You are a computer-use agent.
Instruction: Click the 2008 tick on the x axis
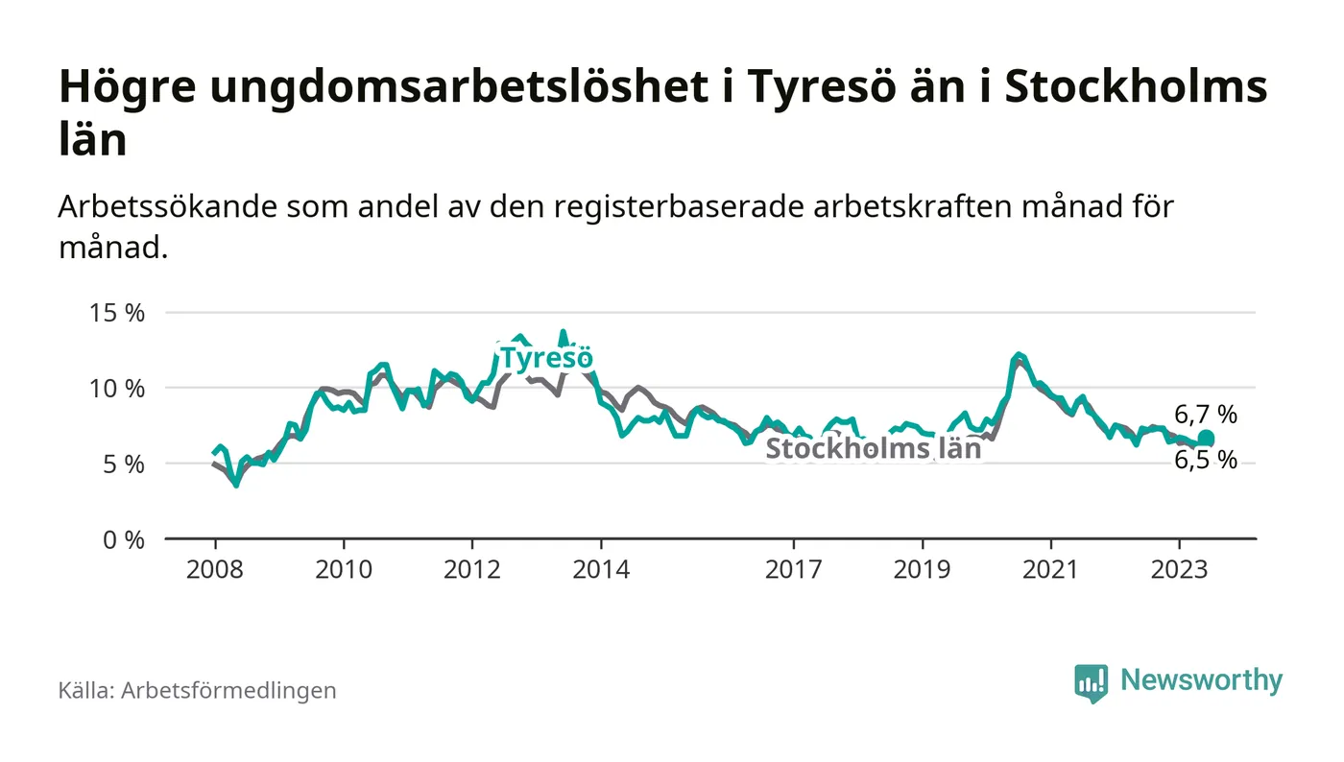coord(214,569)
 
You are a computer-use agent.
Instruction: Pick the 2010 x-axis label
coord(343,569)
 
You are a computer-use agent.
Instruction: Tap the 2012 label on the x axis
coord(471,569)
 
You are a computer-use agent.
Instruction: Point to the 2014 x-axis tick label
coord(600,569)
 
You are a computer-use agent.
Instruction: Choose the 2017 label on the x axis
coord(793,569)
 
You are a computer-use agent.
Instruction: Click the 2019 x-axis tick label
coord(922,569)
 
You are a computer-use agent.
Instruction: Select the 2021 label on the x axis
coord(1050,569)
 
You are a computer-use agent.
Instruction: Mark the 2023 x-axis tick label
coord(1179,569)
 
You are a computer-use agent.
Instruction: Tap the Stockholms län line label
coord(873,449)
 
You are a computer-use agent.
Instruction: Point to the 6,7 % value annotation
coord(1206,415)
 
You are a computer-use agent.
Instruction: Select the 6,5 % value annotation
coord(1206,461)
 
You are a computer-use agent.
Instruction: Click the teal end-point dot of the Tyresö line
coord(1206,439)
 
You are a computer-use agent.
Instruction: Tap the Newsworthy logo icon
coord(1091,682)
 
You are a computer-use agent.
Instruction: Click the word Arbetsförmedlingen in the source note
coord(228,690)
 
